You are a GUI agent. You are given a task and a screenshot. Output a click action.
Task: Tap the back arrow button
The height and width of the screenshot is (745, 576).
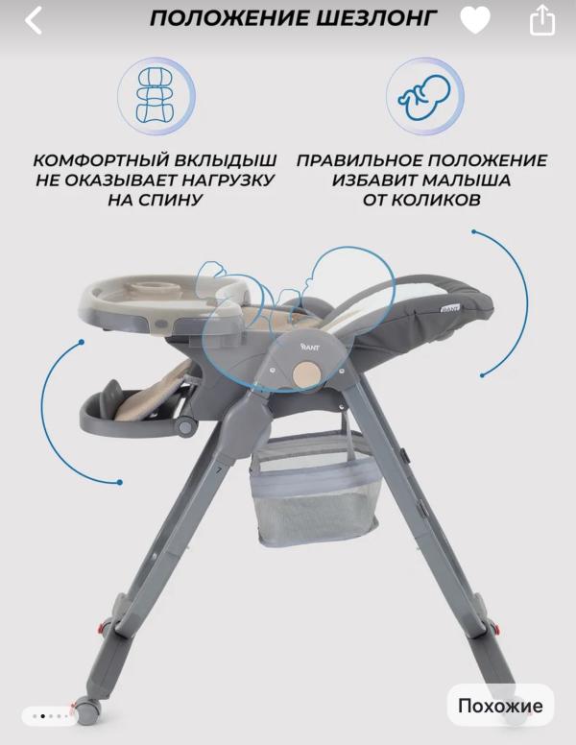(x=34, y=20)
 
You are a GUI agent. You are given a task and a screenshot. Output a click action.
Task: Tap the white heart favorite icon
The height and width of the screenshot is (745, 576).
(x=475, y=20)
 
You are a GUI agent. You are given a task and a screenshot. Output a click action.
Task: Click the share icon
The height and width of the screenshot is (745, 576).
(x=542, y=21)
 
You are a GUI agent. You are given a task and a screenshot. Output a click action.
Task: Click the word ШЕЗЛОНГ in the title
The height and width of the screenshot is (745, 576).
(x=375, y=18)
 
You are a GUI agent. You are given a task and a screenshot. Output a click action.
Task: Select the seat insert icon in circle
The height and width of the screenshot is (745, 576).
(x=156, y=96)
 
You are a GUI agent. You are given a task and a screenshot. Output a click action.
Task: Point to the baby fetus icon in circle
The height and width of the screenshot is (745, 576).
(x=424, y=96)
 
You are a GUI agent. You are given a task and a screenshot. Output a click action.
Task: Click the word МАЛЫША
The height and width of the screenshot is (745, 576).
(x=467, y=180)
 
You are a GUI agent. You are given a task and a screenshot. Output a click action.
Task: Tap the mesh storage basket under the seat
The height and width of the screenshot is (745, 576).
(x=315, y=490)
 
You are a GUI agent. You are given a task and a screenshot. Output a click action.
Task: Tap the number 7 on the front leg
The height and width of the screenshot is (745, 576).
(x=219, y=470)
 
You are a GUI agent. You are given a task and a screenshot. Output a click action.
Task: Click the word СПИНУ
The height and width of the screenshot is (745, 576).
(x=155, y=200)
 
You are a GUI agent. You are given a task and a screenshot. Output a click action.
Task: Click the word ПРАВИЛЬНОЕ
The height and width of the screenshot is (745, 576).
(x=359, y=160)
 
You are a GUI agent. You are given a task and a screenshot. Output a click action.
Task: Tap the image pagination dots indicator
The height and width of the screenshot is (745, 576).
(x=50, y=716)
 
